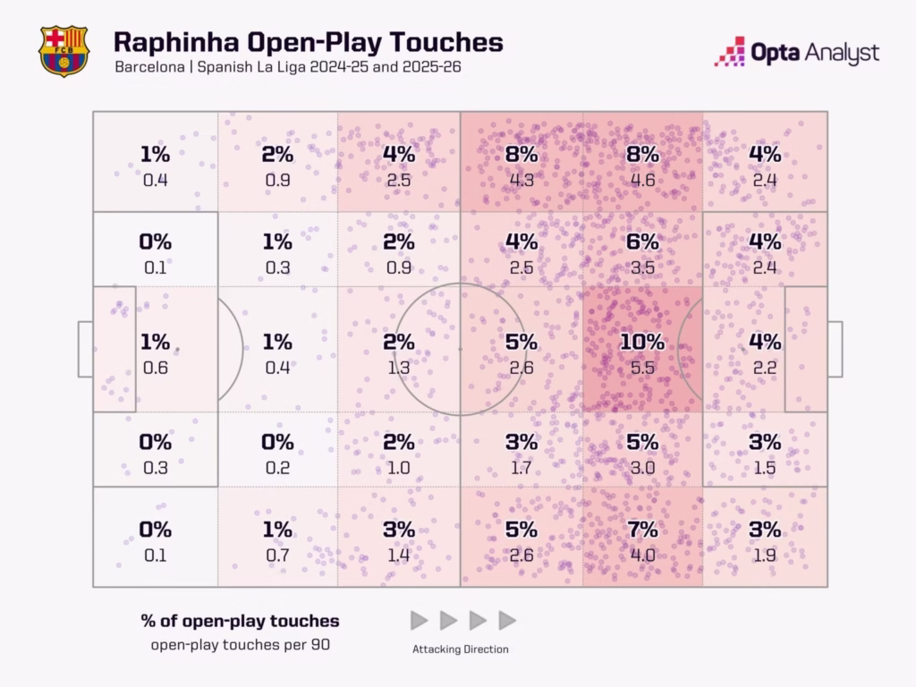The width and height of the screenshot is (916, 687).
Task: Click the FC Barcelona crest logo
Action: point(64,50)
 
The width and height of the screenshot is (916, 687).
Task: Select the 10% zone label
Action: point(642,342)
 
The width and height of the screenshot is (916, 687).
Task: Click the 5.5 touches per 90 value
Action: point(642,367)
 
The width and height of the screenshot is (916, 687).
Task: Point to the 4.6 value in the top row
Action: point(642,179)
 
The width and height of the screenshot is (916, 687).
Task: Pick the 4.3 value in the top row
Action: point(521,179)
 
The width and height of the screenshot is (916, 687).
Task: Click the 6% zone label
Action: point(642,242)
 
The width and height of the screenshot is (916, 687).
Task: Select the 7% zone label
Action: point(642,530)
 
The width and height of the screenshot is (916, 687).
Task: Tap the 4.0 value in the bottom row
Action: point(642,555)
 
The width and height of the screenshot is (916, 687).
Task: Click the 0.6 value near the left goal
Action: point(155,367)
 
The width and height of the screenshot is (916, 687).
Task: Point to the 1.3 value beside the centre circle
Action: point(399,367)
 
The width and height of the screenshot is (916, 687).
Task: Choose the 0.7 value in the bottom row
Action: point(276,555)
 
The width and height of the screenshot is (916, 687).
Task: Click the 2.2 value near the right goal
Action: point(764,367)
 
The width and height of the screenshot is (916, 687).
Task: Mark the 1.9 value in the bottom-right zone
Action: point(764,555)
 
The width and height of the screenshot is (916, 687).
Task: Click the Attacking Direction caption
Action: point(461,649)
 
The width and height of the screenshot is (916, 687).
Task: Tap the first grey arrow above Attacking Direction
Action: point(419,620)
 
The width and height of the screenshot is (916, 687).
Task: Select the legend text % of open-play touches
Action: point(240,620)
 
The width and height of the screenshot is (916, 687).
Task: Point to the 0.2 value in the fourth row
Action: point(276,467)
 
